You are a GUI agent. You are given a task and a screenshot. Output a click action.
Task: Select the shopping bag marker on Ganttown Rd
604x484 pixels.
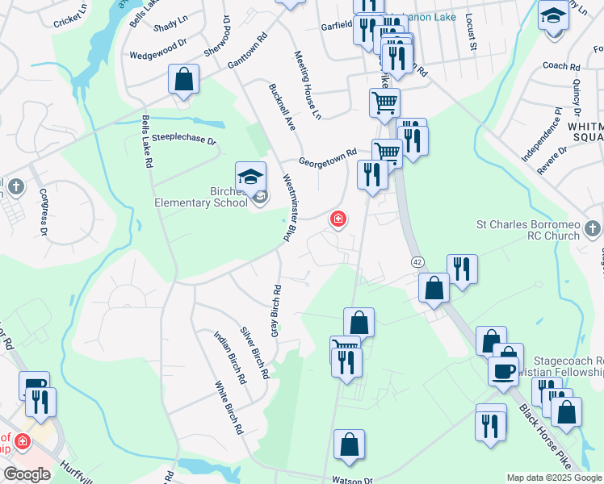(183, 79)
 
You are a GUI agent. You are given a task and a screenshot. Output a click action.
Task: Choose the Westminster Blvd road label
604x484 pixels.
(287, 208)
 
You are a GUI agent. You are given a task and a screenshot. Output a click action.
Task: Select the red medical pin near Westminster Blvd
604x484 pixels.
(338, 219)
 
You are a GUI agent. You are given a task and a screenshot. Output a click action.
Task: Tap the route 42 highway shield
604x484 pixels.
(417, 262)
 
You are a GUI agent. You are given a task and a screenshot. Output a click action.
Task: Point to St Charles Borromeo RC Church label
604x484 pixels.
(539, 230)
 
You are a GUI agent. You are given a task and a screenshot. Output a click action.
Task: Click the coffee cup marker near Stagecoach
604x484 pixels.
(503, 370)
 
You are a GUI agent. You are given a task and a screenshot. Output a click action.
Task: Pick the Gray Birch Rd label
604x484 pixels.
(275, 311)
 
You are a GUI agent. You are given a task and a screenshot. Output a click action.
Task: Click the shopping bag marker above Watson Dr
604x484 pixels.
(349, 445)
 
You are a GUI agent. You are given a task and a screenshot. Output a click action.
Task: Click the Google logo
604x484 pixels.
(27, 474)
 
